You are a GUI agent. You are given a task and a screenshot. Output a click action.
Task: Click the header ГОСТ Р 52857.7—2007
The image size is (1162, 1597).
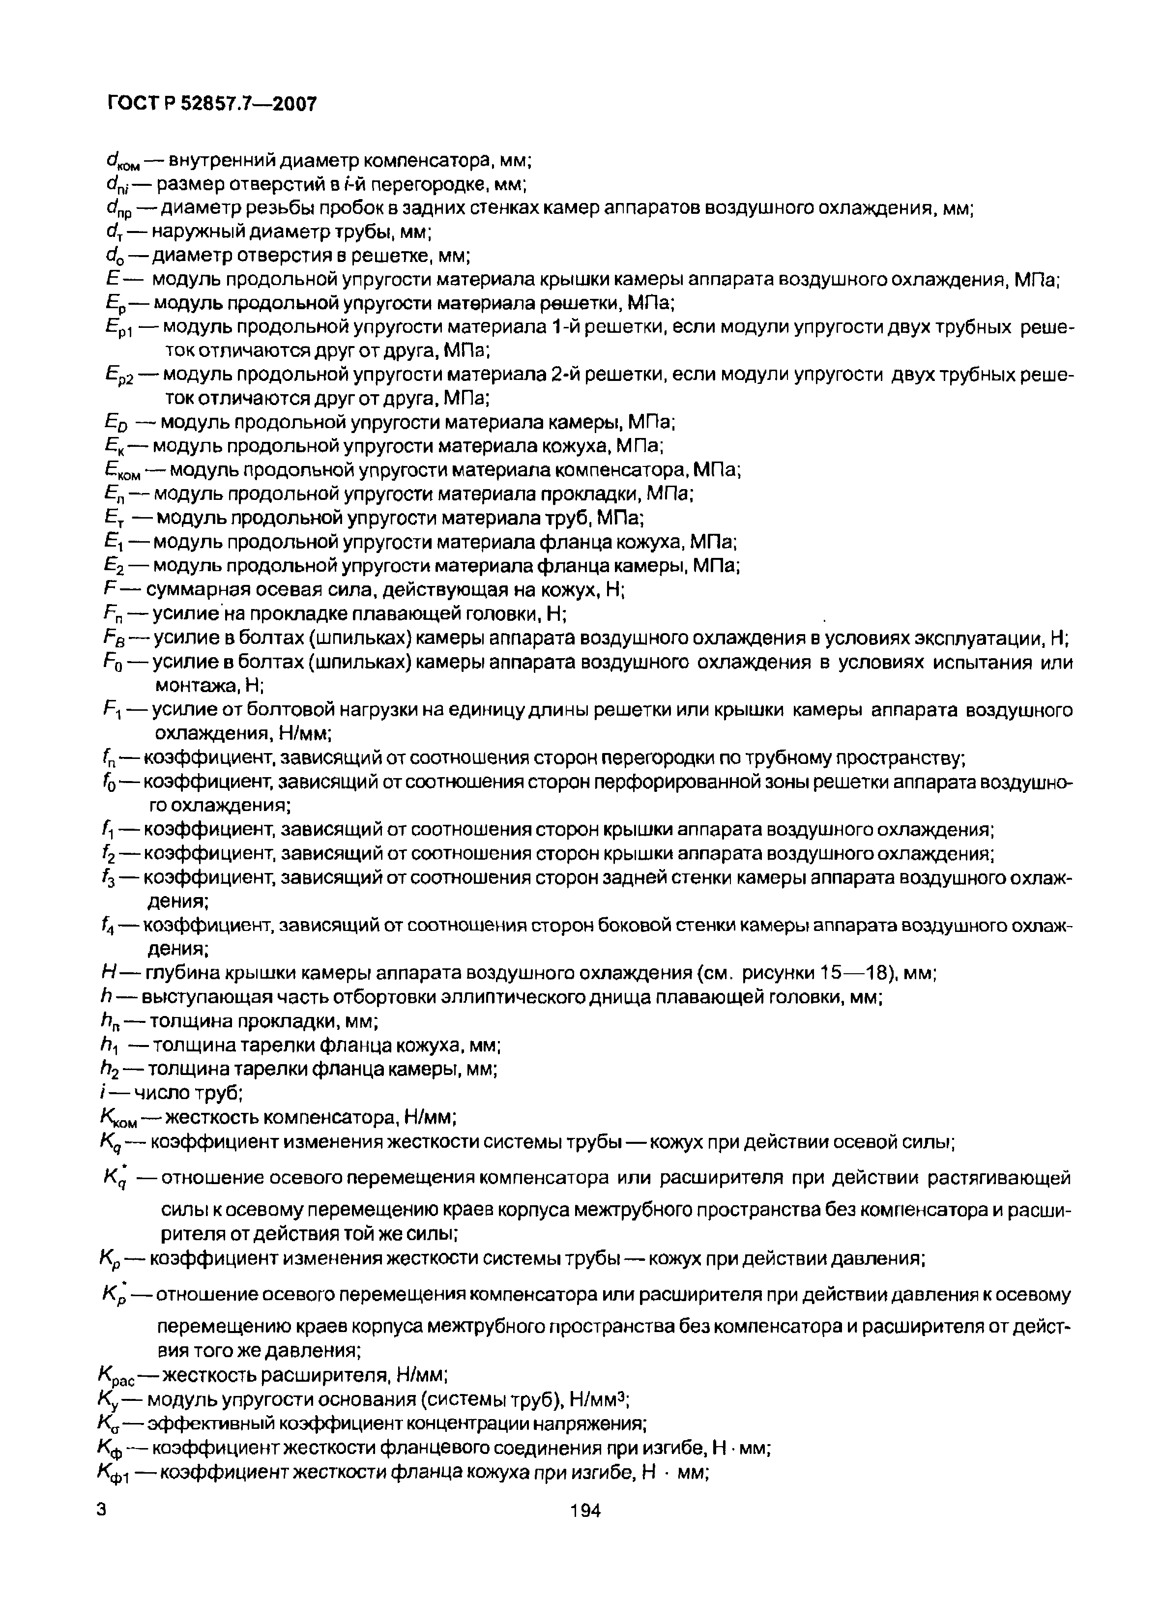212,104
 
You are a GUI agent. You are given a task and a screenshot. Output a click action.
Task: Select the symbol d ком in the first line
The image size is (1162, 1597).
120,163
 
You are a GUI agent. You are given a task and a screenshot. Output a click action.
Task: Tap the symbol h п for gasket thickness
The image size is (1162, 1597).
111,1022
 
